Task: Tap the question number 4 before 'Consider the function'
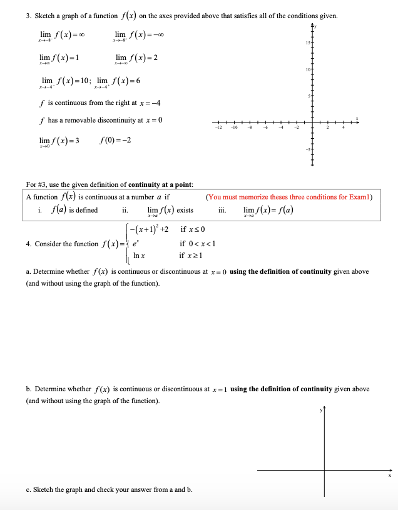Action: (28, 244)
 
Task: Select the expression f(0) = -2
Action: (115, 140)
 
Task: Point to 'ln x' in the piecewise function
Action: (139, 256)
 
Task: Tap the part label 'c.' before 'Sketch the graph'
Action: (29, 489)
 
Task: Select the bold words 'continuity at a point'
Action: (160, 184)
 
